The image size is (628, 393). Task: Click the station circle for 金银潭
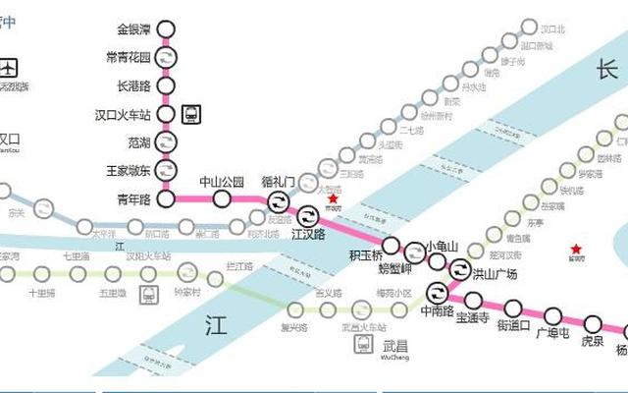pos(167,29)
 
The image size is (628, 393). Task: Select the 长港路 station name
pos(132,86)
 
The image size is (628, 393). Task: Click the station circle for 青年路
pos(167,199)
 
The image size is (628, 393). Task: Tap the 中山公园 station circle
pos(222,199)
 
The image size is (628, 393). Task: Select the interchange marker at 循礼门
pos(279,201)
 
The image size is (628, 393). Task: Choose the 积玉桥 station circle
pos(391,246)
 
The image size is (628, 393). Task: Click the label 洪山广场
pos(494,274)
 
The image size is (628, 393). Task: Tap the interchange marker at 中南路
pos(437,292)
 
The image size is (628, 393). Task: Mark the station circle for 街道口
pos(513,308)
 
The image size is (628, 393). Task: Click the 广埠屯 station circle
pos(553,315)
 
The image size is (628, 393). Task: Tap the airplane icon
pos(11,68)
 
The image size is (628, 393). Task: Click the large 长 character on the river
pos(606,70)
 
